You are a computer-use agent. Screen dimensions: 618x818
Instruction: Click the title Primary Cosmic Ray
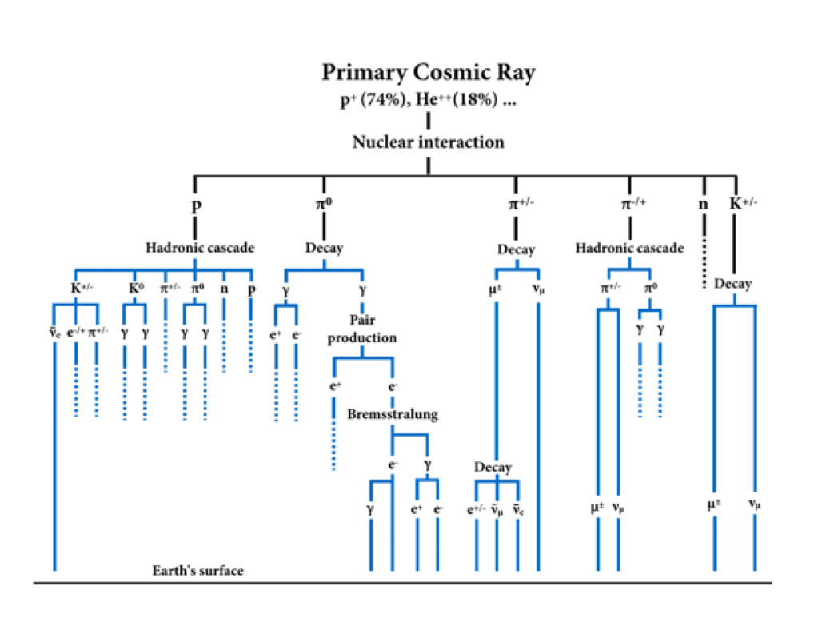coord(429,73)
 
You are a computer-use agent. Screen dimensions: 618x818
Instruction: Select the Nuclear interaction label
coord(429,142)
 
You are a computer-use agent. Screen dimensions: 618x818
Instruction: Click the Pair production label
coord(361,329)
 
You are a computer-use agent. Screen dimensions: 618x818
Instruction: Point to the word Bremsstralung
coord(393,414)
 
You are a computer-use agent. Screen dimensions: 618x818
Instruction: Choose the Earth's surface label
coord(198,571)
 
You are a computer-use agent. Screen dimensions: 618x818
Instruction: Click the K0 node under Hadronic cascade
coord(137,286)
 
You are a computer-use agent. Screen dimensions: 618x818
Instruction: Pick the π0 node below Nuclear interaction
coord(324,205)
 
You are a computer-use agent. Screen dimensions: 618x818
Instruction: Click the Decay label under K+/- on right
coord(732,284)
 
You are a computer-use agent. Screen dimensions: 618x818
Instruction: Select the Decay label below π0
coord(324,248)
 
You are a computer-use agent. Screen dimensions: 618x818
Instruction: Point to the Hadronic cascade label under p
coord(194,248)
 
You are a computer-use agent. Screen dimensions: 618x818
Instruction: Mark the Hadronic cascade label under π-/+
coord(629,248)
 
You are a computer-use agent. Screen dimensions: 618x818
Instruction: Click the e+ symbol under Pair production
coord(335,385)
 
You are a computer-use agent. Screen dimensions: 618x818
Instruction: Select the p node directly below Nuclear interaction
coord(195,205)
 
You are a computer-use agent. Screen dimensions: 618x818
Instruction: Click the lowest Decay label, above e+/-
coord(493,467)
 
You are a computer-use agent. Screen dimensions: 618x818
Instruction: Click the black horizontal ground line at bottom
coord(400,583)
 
